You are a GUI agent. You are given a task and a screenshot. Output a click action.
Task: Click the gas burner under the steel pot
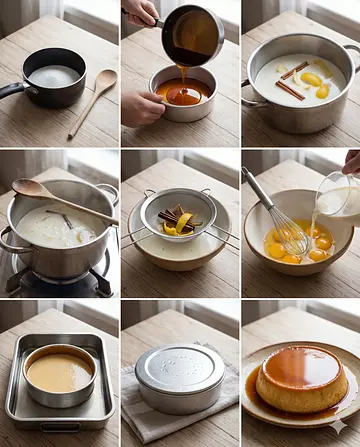[60, 282]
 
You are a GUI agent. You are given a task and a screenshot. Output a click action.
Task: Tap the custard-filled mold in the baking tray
[59, 374]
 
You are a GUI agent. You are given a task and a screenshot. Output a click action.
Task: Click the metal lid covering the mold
[180, 376]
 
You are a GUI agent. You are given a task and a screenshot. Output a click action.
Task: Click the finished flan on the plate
[302, 380]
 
